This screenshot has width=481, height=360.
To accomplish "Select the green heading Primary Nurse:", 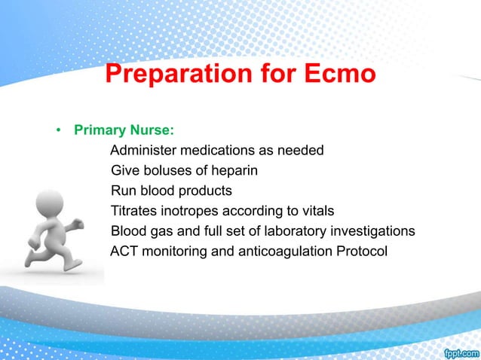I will click(124, 130).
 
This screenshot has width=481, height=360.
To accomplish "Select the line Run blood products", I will click(171, 190).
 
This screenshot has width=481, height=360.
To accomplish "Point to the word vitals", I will click(315, 210).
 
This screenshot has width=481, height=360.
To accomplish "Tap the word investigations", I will click(375, 230).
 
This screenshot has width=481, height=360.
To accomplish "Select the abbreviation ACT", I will click(124, 250).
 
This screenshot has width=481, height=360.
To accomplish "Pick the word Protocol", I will click(362, 250).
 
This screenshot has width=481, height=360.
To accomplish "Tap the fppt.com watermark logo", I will click(460, 352).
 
